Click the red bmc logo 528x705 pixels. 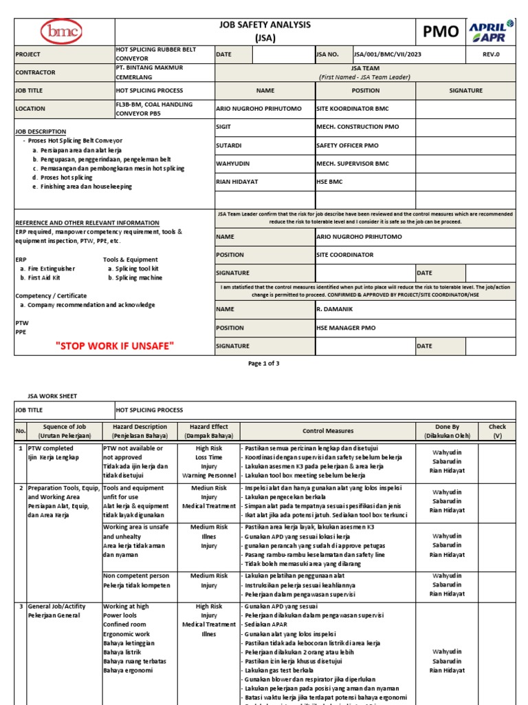(63, 32)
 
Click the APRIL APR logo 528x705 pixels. (491, 31)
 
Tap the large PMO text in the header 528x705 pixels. (440, 32)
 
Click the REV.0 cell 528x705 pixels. (492, 54)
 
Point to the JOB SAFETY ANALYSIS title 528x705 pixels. (265, 25)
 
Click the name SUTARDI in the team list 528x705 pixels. (229, 145)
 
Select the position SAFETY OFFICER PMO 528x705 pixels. (347, 145)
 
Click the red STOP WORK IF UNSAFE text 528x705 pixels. (114, 346)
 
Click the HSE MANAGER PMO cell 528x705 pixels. (346, 328)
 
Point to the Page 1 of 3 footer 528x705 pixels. (264, 364)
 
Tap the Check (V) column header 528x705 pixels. (496, 431)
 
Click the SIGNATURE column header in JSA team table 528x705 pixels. (465, 90)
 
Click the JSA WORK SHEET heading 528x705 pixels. (52, 396)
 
